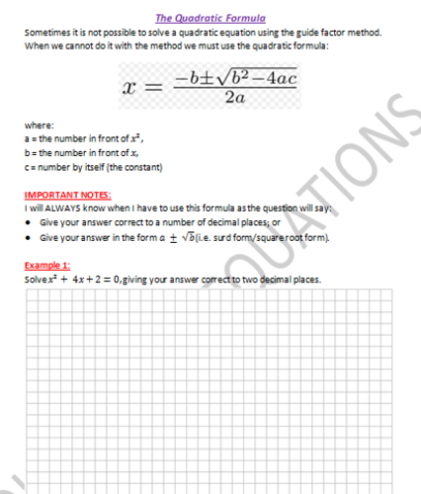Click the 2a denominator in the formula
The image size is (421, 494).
234,97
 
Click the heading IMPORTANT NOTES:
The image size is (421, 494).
67,196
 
